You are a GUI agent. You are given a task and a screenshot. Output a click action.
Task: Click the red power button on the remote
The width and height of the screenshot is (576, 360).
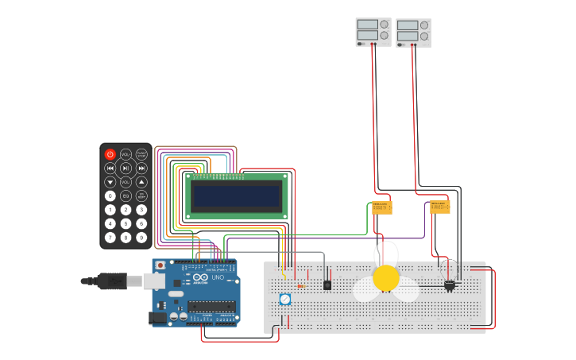click(x=110, y=154)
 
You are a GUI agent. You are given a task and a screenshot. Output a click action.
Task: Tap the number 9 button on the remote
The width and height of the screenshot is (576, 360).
click(x=141, y=237)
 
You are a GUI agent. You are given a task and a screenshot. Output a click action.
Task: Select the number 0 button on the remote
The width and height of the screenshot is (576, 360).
click(x=110, y=195)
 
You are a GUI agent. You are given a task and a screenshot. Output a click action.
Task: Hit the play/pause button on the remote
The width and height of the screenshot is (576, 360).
click(x=126, y=168)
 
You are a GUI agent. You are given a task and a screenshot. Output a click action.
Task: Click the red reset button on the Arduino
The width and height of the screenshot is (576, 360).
click(x=160, y=265)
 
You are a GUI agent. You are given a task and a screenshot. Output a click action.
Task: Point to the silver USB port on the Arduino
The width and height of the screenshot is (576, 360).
click(x=153, y=281)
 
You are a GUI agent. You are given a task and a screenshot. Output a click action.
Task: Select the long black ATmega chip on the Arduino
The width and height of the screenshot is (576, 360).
click(x=212, y=306)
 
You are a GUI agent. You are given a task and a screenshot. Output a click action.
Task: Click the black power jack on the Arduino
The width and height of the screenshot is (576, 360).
click(x=157, y=317)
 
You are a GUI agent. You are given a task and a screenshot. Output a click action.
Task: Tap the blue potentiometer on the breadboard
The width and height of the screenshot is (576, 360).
click(x=284, y=299)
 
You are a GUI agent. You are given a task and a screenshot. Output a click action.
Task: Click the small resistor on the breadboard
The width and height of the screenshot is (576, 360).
click(x=300, y=286)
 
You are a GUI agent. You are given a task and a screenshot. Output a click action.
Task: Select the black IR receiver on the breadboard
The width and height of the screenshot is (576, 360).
click(x=327, y=285)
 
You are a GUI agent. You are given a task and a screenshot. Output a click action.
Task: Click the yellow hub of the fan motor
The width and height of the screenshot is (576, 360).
click(x=386, y=278)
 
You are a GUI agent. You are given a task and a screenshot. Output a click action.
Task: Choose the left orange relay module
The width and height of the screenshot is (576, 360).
click(x=382, y=207)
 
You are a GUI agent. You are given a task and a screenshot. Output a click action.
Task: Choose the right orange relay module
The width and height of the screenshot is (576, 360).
click(x=439, y=207)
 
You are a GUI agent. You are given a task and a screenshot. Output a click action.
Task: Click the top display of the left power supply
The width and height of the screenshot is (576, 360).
click(x=367, y=25)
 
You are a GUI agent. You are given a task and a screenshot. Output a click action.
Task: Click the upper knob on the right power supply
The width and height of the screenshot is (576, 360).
click(x=424, y=25)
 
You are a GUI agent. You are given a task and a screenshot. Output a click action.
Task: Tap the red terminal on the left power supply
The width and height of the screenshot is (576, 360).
click(x=373, y=45)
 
